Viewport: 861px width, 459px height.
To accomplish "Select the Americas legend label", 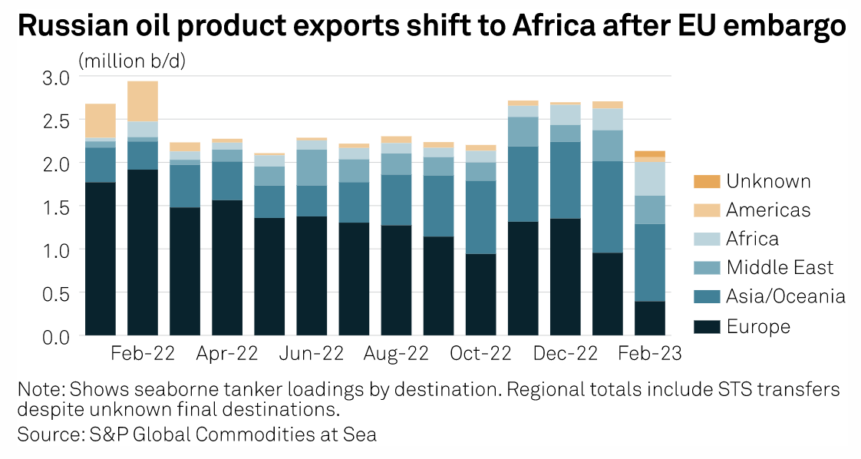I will [x=768, y=210].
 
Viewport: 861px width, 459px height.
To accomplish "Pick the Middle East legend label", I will [x=780, y=268].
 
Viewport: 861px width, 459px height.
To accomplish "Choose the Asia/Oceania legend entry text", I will [x=786, y=297].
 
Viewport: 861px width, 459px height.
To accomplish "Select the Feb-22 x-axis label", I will [x=143, y=354].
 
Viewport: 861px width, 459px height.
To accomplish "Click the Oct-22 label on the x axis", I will [x=480, y=354].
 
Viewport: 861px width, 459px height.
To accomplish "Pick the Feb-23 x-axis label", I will [x=649, y=354].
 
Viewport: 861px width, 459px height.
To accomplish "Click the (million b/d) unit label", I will [x=132, y=60].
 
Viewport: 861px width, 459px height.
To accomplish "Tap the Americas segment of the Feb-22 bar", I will [x=143, y=101].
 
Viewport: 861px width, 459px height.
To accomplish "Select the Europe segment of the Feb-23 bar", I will [x=649, y=319].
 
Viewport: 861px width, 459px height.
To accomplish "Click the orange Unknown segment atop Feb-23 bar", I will [x=649, y=154].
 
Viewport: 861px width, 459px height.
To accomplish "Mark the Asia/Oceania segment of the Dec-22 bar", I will [x=565, y=180].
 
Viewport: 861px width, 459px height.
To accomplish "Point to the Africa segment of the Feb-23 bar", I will [x=649, y=178].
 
